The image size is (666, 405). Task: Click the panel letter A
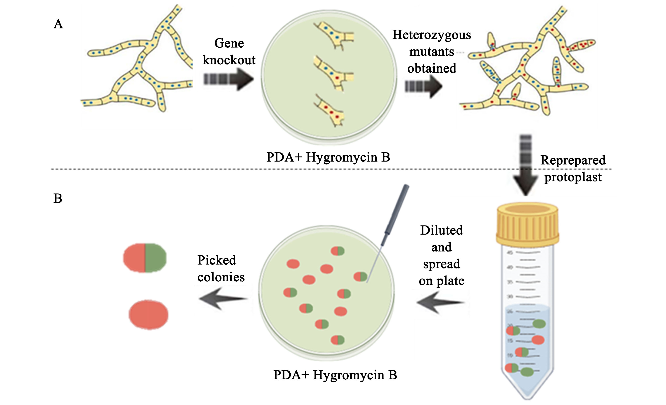coord(58,24)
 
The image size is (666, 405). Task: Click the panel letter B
coord(58,198)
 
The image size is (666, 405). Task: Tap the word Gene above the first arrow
coord(229,43)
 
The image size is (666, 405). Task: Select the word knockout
coord(229,60)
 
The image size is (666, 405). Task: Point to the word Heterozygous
coord(432,35)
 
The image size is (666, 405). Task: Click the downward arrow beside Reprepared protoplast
coord(525,165)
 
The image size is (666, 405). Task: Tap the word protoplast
coord(573,177)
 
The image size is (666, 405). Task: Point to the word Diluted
coord(441,230)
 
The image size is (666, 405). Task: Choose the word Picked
coord(216,260)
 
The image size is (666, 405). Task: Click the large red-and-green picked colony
coord(145,258)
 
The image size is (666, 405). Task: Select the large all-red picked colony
coord(148,315)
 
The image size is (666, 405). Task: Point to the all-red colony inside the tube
coord(538,340)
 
